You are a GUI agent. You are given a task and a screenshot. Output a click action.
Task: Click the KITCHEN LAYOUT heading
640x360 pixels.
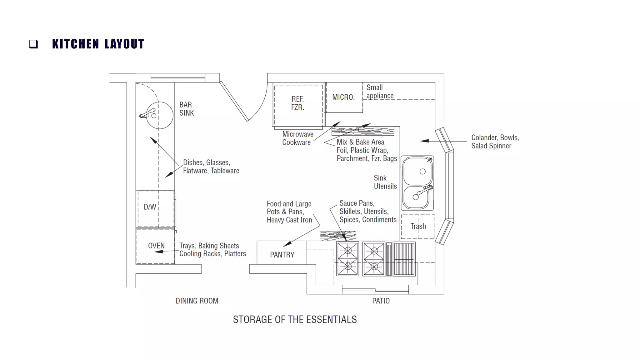pos(98,44)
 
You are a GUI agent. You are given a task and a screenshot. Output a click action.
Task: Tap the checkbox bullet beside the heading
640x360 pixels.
pos(33,44)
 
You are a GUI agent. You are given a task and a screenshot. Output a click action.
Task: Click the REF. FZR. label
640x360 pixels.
pos(297,103)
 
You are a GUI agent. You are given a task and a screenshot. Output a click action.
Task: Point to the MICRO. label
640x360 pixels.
pos(343,97)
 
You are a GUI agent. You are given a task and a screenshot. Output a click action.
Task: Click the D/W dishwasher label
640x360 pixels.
pos(150,207)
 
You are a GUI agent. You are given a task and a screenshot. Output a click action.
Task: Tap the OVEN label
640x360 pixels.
pos(156,246)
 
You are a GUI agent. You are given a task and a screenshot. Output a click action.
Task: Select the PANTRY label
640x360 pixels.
pos(282,255)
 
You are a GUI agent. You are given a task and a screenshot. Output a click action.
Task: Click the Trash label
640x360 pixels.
pos(418,226)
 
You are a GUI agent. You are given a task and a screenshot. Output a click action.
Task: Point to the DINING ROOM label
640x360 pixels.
pos(197,301)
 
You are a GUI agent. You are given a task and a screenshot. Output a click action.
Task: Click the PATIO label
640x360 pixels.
pos(381,301)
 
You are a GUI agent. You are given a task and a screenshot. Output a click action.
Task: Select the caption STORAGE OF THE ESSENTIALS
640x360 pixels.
pos(295,319)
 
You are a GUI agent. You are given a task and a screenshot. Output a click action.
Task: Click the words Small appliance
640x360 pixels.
pos(380,92)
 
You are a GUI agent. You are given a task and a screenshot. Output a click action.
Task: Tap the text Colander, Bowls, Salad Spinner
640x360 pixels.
pos(495,142)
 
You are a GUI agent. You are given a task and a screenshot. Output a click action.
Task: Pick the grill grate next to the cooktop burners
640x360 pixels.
pos(404,259)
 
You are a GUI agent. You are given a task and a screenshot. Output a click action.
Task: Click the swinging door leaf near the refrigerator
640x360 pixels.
pos(234,101)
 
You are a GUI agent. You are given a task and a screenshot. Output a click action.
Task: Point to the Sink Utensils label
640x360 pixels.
pos(385,182)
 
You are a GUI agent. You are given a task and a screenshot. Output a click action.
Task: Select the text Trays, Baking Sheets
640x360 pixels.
pos(209,246)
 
